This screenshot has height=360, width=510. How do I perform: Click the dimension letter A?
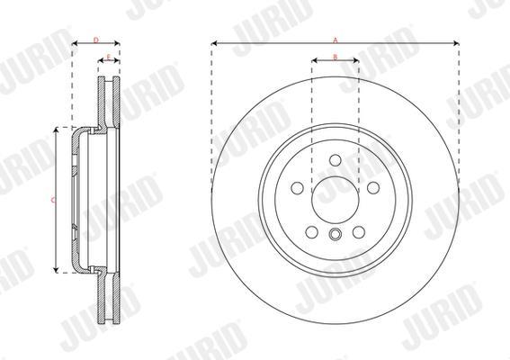(336, 40)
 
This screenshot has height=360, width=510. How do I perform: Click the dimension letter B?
(336, 58)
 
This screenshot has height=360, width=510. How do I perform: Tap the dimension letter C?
(53, 200)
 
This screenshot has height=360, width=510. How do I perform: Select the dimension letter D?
(96, 40)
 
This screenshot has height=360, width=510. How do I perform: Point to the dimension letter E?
(109, 58)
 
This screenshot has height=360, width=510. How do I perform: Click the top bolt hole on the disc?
(336, 160)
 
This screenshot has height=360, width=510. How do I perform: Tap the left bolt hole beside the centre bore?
(298, 188)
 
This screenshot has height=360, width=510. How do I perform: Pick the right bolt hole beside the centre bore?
(373, 188)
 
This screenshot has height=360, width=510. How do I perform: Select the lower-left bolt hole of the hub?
(311, 232)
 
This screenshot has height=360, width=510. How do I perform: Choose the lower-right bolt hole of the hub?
(359, 232)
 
